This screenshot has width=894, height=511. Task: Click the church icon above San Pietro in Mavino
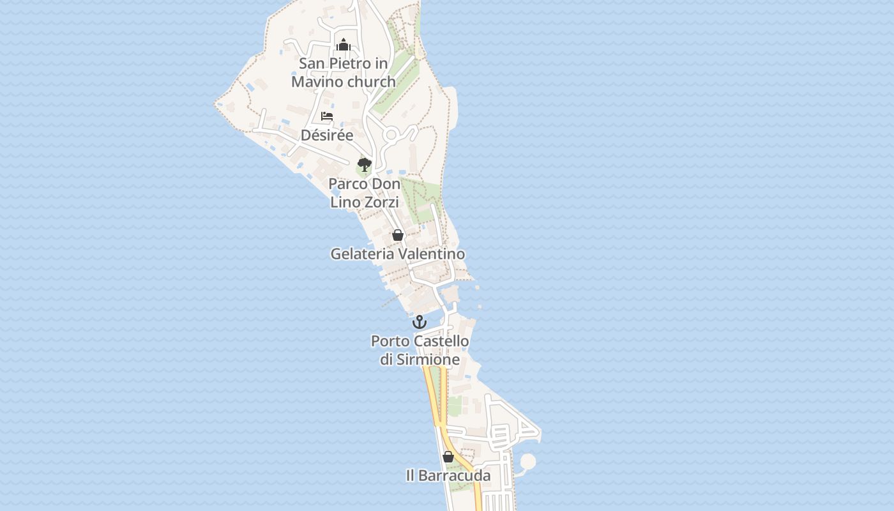click(x=344, y=45)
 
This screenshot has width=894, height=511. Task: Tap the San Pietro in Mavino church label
click(x=344, y=73)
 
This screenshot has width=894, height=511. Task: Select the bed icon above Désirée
click(x=327, y=116)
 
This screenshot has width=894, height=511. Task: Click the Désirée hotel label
click(x=327, y=135)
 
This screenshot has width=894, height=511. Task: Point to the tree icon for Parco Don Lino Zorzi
click(x=364, y=165)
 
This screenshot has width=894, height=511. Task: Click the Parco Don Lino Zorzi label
click(x=365, y=193)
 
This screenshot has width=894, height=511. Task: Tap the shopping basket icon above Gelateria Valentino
click(x=397, y=235)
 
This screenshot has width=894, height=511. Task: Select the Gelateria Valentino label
click(x=397, y=254)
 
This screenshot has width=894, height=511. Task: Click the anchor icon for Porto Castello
click(x=420, y=322)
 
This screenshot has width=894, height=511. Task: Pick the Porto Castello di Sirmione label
click(x=420, y=351)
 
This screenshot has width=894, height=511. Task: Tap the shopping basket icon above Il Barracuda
click(x=448, y=457)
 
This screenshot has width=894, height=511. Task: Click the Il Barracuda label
click(x=448, y=476)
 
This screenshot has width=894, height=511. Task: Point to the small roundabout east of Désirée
click(x=391, y=135)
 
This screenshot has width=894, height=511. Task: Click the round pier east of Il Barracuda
click(x=528, y=461)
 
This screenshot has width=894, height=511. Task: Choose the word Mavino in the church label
click(x=315, y=82)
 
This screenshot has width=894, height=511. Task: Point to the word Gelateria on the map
click(x=362, y=254)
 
